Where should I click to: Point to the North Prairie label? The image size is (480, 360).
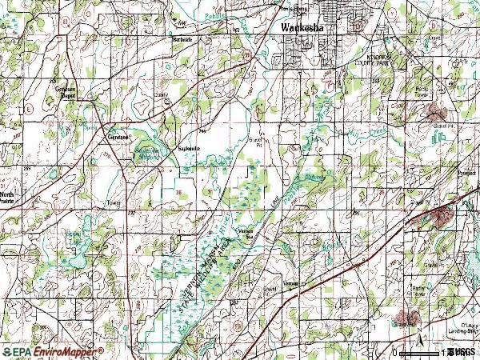pos(8,197)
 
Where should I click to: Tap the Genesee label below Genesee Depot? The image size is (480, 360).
pos(118,136)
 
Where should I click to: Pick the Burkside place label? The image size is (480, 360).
pos(183,38)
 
